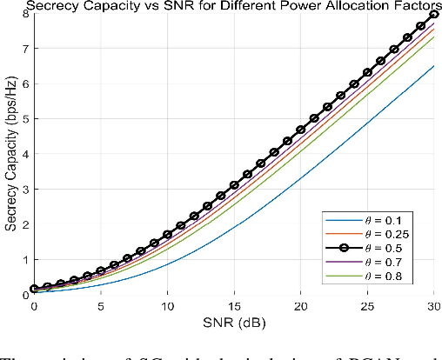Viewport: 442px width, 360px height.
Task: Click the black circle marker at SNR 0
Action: click(x=34, y=289)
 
